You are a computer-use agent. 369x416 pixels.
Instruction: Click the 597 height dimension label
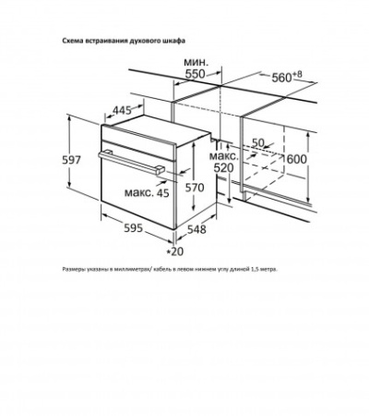pos(72,160)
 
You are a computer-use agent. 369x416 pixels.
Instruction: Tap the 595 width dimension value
pos(134,227)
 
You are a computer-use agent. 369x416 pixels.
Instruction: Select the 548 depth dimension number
pos(196,229)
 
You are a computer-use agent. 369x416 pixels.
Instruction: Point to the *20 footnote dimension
pos(174,251)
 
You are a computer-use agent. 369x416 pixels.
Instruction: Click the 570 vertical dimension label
pos(195,187)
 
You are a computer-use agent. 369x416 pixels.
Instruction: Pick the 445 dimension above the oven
pos(122,110)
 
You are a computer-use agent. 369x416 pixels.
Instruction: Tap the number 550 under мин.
pos(196,74)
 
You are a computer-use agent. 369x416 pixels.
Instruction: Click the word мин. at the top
pos(196,62)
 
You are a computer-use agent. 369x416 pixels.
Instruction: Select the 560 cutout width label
pos(281,78)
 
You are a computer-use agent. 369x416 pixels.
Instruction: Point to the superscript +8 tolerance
pos(297,74)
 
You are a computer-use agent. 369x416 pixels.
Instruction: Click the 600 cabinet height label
pos(297,159)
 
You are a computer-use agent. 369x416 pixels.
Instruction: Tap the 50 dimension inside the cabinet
pos(258,142)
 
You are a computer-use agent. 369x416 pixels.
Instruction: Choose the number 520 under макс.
pos(224,168)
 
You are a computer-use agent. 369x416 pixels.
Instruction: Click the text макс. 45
pos(147,192)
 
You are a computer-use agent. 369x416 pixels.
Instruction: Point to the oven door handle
pos(132,163)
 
